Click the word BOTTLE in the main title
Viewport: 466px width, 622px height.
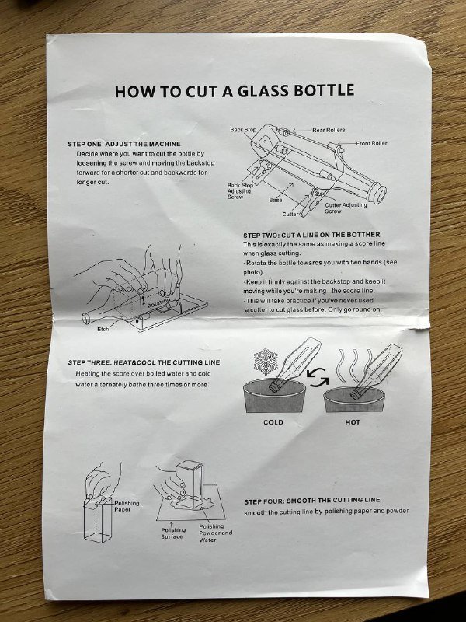tap(324, 91)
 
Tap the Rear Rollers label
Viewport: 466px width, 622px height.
tap(329, 130)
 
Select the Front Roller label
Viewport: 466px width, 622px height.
tap(371, 143)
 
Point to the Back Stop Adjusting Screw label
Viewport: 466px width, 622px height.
tap(240, 190)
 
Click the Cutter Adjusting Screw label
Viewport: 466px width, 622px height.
tap(346, 208)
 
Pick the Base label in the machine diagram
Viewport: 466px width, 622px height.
tap(276, 201)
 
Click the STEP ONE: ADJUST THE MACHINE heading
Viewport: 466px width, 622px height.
tap(124, 144)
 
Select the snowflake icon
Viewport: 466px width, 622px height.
tap(266, 362)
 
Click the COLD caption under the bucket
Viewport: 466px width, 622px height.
tap(273, 422)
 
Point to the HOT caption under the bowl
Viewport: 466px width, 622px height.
tap(353, 422)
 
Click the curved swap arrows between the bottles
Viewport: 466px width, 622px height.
tap(318, 377)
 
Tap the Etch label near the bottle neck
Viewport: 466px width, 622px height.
tap(103, 329)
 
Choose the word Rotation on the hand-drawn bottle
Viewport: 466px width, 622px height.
tap(159, 303)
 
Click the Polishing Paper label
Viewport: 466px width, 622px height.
tap(127, 506)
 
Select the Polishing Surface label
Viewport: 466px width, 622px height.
tap(173, 533)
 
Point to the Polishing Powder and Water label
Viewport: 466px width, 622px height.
tap(216, 533)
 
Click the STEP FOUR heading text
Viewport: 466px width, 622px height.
tap(312, 501)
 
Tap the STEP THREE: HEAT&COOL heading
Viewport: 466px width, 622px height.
tap(144, 362)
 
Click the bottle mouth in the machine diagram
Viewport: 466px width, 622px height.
tap(379, 193)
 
